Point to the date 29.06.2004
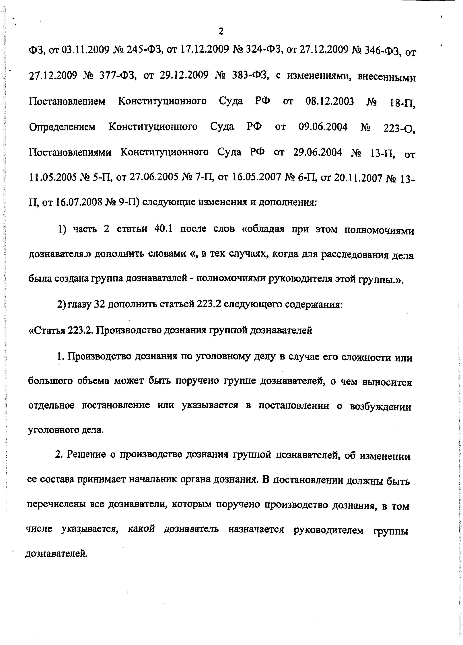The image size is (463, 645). click(x=317, y=153)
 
